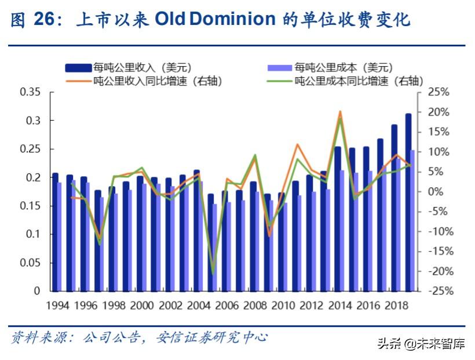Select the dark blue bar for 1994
tap(55, 232)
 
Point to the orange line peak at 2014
tap(340, 111)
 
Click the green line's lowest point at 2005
tap(213, 273)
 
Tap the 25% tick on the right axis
tap(438, 92)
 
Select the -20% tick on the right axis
tap(438, 271)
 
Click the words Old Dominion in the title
tap(215, 20)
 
